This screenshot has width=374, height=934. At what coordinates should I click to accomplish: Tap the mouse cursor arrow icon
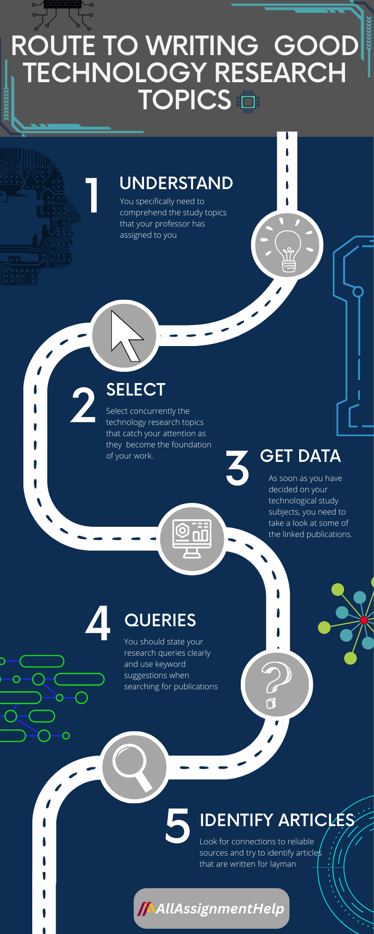click(125, 336)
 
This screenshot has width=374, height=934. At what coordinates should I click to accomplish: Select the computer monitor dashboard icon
click(192, 538)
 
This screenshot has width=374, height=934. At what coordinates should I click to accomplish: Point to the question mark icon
click(276, 685)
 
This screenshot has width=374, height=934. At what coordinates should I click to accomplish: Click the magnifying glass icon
click(134, 767)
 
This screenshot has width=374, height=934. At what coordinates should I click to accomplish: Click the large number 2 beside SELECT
click(83, 405)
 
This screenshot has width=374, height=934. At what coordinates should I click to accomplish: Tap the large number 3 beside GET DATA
click(237, 467)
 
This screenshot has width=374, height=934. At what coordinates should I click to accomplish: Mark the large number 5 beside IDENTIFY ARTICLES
click(178, 827)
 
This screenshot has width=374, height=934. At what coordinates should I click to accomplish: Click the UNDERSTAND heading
click(176, 184)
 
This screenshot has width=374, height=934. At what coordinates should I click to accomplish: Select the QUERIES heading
click(160, 620)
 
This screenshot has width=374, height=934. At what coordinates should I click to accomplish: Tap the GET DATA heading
click(300, 456)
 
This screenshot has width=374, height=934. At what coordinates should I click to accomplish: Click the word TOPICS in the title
click(185, 99)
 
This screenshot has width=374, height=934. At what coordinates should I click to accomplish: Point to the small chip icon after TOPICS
click(248, 101)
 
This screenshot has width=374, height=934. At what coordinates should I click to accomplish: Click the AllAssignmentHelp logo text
click(219, 908)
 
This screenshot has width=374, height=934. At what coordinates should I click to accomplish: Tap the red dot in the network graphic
click(364, 620)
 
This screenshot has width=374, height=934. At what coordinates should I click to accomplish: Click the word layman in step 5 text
click(282, 864)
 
